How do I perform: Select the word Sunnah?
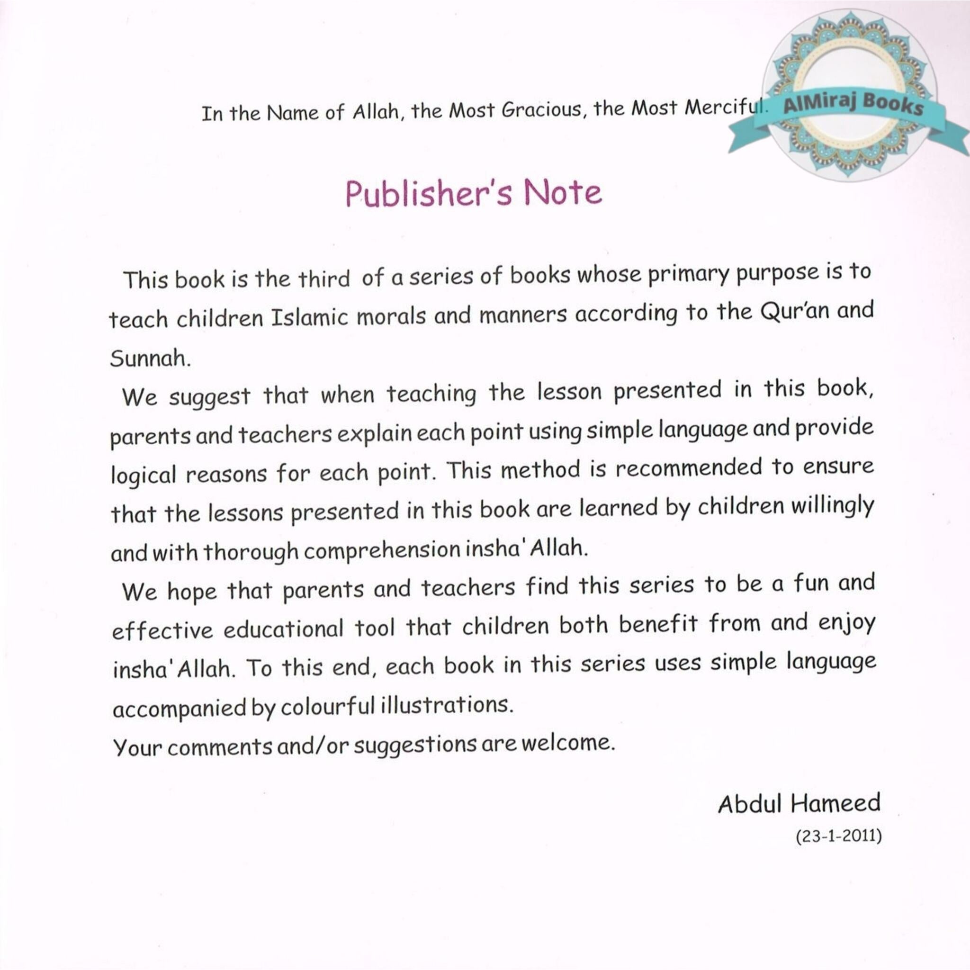[149, 359]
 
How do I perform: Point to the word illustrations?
[447, 705]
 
